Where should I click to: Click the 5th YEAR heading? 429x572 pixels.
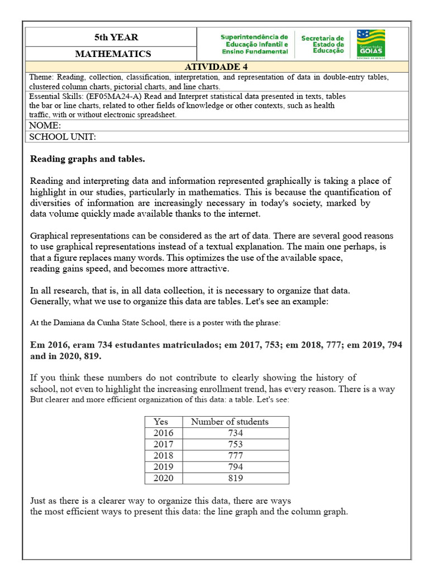pos(116,37)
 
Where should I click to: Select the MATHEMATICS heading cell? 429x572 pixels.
pos(113,54)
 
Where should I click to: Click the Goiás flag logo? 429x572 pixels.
pos(370,44)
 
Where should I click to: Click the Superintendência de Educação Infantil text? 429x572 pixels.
pos(254,44)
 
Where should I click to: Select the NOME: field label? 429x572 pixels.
pos(45,125)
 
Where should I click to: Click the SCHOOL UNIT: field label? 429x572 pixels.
pos(63,137)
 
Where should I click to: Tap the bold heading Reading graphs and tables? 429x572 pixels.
pos(87,159)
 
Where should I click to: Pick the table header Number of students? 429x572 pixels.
pos(230,422)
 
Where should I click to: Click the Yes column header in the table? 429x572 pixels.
pos(160,422)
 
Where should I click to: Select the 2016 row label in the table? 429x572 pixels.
pos(163,433)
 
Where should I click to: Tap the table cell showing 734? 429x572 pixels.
pos(236,433)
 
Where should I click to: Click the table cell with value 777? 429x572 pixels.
pos(236,455)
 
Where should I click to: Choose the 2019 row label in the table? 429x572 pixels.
pos(163,466)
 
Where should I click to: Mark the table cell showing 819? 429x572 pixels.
pos(236,478)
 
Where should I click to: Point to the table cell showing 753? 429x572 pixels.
pos(236,444)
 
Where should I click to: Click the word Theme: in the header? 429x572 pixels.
pos(42,77)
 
